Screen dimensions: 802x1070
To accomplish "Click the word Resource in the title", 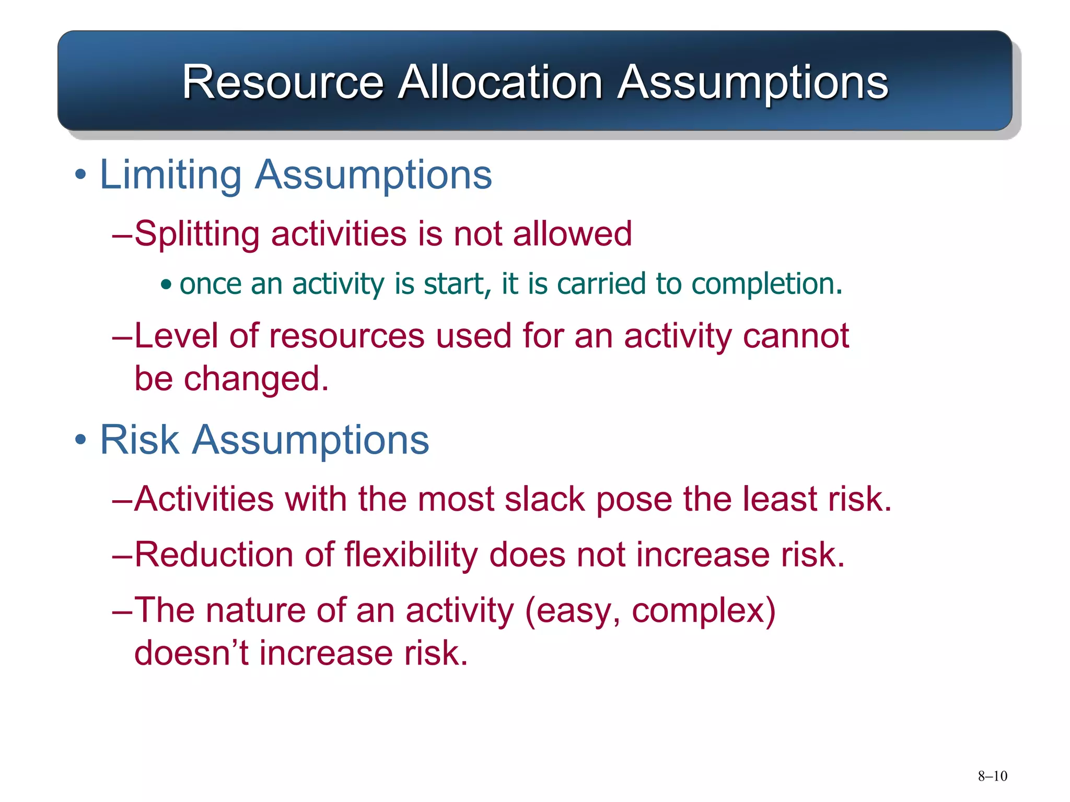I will click(x=283, y=82).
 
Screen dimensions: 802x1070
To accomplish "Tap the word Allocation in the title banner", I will click(x=500, y=82).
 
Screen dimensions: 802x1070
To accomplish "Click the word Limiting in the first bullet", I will click(x=170, y=174).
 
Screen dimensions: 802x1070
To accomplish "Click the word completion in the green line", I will click(x=763, y=284).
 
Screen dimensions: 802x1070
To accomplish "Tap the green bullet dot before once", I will click(x=166, y=285).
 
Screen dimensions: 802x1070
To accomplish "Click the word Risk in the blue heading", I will click(x=139, y=440).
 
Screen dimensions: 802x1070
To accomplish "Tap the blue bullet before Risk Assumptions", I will click(x=80, y=440).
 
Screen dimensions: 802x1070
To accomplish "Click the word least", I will click(x=780, y=499).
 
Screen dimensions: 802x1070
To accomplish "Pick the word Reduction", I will click(x=214, y=554).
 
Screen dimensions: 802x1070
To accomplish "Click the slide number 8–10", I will click(x=992, y=776).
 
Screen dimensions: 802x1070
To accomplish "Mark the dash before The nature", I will click(x=122, y=610).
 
